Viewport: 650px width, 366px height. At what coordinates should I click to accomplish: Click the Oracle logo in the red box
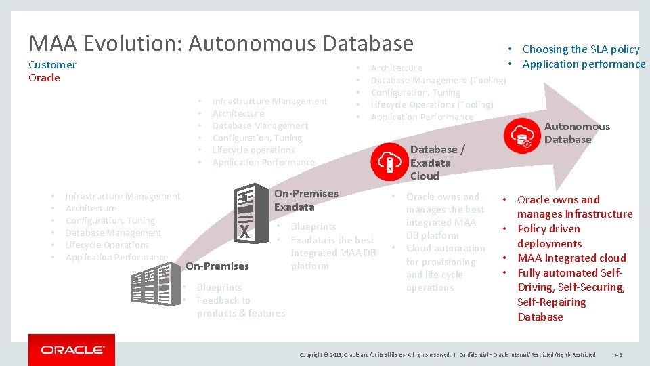(72, 350)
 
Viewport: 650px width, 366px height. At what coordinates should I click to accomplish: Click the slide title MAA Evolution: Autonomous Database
(221, 43)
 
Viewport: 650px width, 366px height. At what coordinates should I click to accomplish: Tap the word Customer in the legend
(52, 65)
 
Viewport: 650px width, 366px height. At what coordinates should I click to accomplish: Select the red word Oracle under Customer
(44, 77)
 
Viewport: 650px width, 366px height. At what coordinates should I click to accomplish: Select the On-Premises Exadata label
(305, 200)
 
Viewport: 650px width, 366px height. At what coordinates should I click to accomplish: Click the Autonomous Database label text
(567, 133)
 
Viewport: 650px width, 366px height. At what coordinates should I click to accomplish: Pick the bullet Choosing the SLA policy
(580, 49)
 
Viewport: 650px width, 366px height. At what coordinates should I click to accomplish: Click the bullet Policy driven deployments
(549, 236)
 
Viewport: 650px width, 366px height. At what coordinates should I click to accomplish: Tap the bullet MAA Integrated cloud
(571, 258)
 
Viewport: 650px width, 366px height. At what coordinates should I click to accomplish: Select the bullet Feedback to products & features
(240, 306)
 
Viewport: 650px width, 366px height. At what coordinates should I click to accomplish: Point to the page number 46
(619, 354)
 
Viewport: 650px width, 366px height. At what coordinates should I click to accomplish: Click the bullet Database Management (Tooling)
(438, 80)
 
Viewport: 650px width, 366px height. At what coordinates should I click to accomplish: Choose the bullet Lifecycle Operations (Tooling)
(431, 104)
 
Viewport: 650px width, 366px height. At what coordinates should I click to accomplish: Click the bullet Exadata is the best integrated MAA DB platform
(332, 253)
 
